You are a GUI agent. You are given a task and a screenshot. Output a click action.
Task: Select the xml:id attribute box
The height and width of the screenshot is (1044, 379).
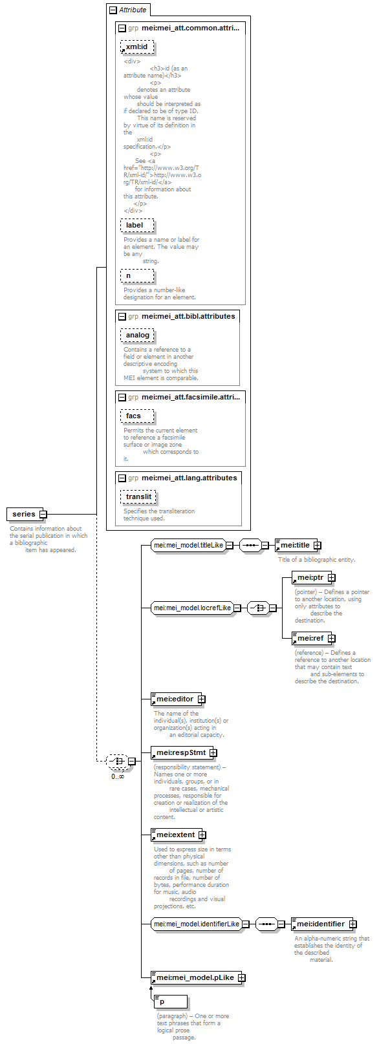coord(137,47)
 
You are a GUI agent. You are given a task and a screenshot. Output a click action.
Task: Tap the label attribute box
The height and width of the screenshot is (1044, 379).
coord(137,226)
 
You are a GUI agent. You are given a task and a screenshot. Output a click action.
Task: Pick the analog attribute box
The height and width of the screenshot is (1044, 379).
coord(137,335)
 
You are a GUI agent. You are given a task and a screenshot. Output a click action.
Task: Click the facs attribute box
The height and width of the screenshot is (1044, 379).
coord(137,416)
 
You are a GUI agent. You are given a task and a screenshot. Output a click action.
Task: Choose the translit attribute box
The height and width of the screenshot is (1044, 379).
coord(138,496)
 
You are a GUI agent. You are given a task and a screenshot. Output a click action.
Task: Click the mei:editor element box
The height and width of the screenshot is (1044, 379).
coord(176,699)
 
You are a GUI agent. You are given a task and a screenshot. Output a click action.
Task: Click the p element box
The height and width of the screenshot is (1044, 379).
coord(171,1001)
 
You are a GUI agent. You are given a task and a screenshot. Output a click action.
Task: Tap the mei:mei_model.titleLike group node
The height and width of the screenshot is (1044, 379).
coord(189,545)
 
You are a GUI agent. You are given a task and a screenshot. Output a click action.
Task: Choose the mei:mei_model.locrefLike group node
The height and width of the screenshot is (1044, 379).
coord(193,608)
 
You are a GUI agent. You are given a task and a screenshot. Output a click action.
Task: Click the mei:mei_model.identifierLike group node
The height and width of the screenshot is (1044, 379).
coord(197,924)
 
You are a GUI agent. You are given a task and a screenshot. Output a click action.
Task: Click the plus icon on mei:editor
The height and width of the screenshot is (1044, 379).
coord(201,699)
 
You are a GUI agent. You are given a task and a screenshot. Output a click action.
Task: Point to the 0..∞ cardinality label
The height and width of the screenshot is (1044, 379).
coord(118,776)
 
